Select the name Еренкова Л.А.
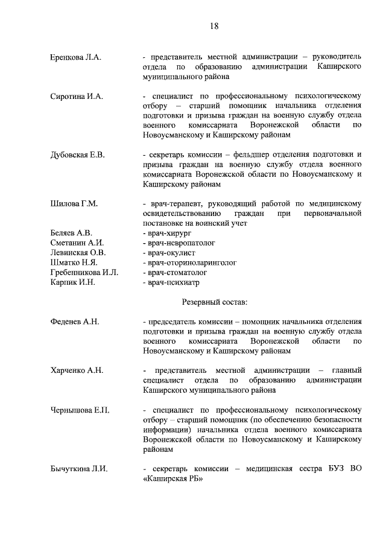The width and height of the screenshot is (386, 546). point(75,57)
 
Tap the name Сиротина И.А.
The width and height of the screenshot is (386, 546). point(77,96)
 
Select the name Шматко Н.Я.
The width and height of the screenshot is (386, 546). point(74,262)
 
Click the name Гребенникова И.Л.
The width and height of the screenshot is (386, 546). point(84,272)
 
